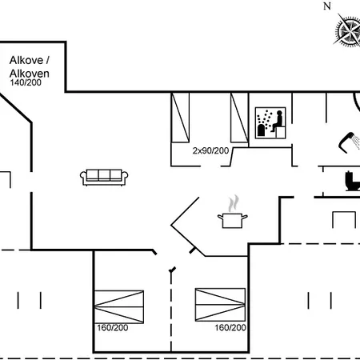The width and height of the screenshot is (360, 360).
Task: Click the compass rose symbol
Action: pyautogui.click(x=347, y=31)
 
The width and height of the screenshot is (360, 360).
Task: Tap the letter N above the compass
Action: pyautogui.click(x=327, y=6)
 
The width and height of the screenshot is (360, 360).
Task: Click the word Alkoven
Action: pyautogui.click(x=30, y=74)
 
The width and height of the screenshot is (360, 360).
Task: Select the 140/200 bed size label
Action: pyautogui.click(x=26, y=82)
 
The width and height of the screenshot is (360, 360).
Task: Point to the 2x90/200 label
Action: pyautogui.click(x=210, y=150)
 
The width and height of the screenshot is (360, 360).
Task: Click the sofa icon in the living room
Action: pyautogui.click(x=104, y=177)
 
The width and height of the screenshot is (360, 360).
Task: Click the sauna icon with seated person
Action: pyautogui.click(x=270, y=123)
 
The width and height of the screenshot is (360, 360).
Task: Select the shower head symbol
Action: pyautogui.click(x=346, y=142)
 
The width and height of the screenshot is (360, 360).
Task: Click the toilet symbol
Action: pyautogui.click(x=353, y=182)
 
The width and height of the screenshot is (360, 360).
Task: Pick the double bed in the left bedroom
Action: pyautogui.click(x=119, y=306)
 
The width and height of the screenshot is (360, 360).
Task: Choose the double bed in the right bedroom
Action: pyautogui.click(x=220, y=305)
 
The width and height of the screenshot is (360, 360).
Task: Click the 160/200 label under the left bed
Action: pyautogui.click(x=113, y=328)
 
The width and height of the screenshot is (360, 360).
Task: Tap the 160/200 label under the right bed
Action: pyautogui.click(x=230, y=328)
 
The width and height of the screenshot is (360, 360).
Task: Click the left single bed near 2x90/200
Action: pyautogui.click(x=180, y=118)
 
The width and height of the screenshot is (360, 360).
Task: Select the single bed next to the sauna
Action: pyautogui.click(x=239, y=118)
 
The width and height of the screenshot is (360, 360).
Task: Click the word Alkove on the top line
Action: pyautogui.click(x=26, y=60)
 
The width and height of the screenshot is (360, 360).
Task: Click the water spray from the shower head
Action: pyautogui.click(x=356, y=142)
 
